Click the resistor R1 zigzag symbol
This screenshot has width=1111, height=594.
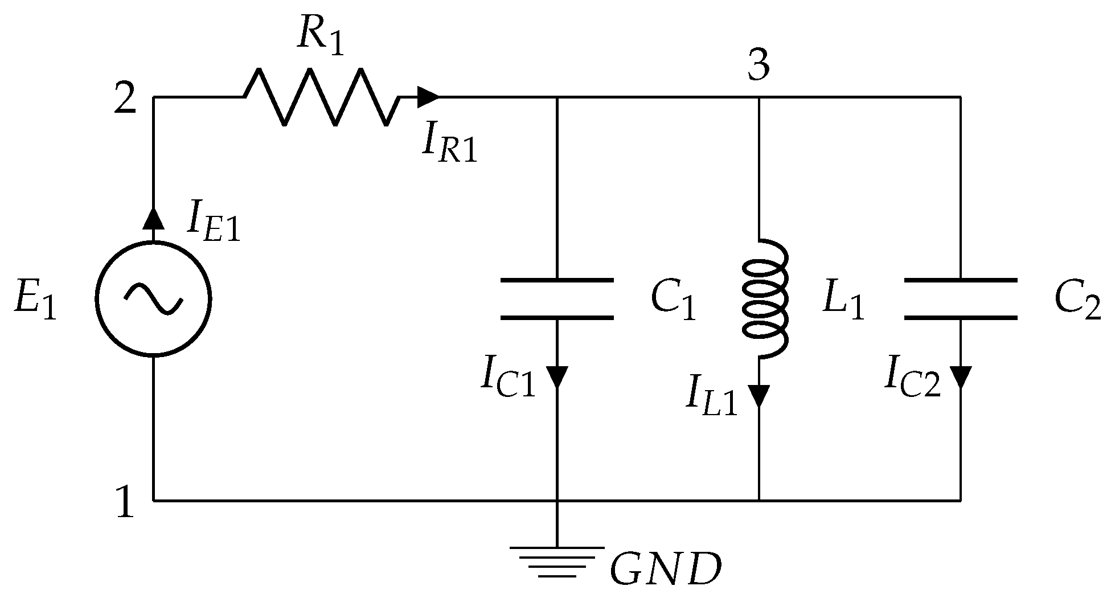(322, 97)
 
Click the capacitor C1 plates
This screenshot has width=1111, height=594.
(557, 299)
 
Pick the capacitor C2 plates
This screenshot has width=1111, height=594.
(961, 299)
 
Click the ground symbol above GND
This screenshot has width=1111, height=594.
(557, 561)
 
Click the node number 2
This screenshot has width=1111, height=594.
(125, 100)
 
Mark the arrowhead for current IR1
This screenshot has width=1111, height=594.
(428, 97)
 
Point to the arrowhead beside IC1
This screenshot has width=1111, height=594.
(557, 376)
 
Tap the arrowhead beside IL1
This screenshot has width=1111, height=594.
(759, 395)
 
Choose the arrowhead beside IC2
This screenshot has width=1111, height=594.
(961, 376)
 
